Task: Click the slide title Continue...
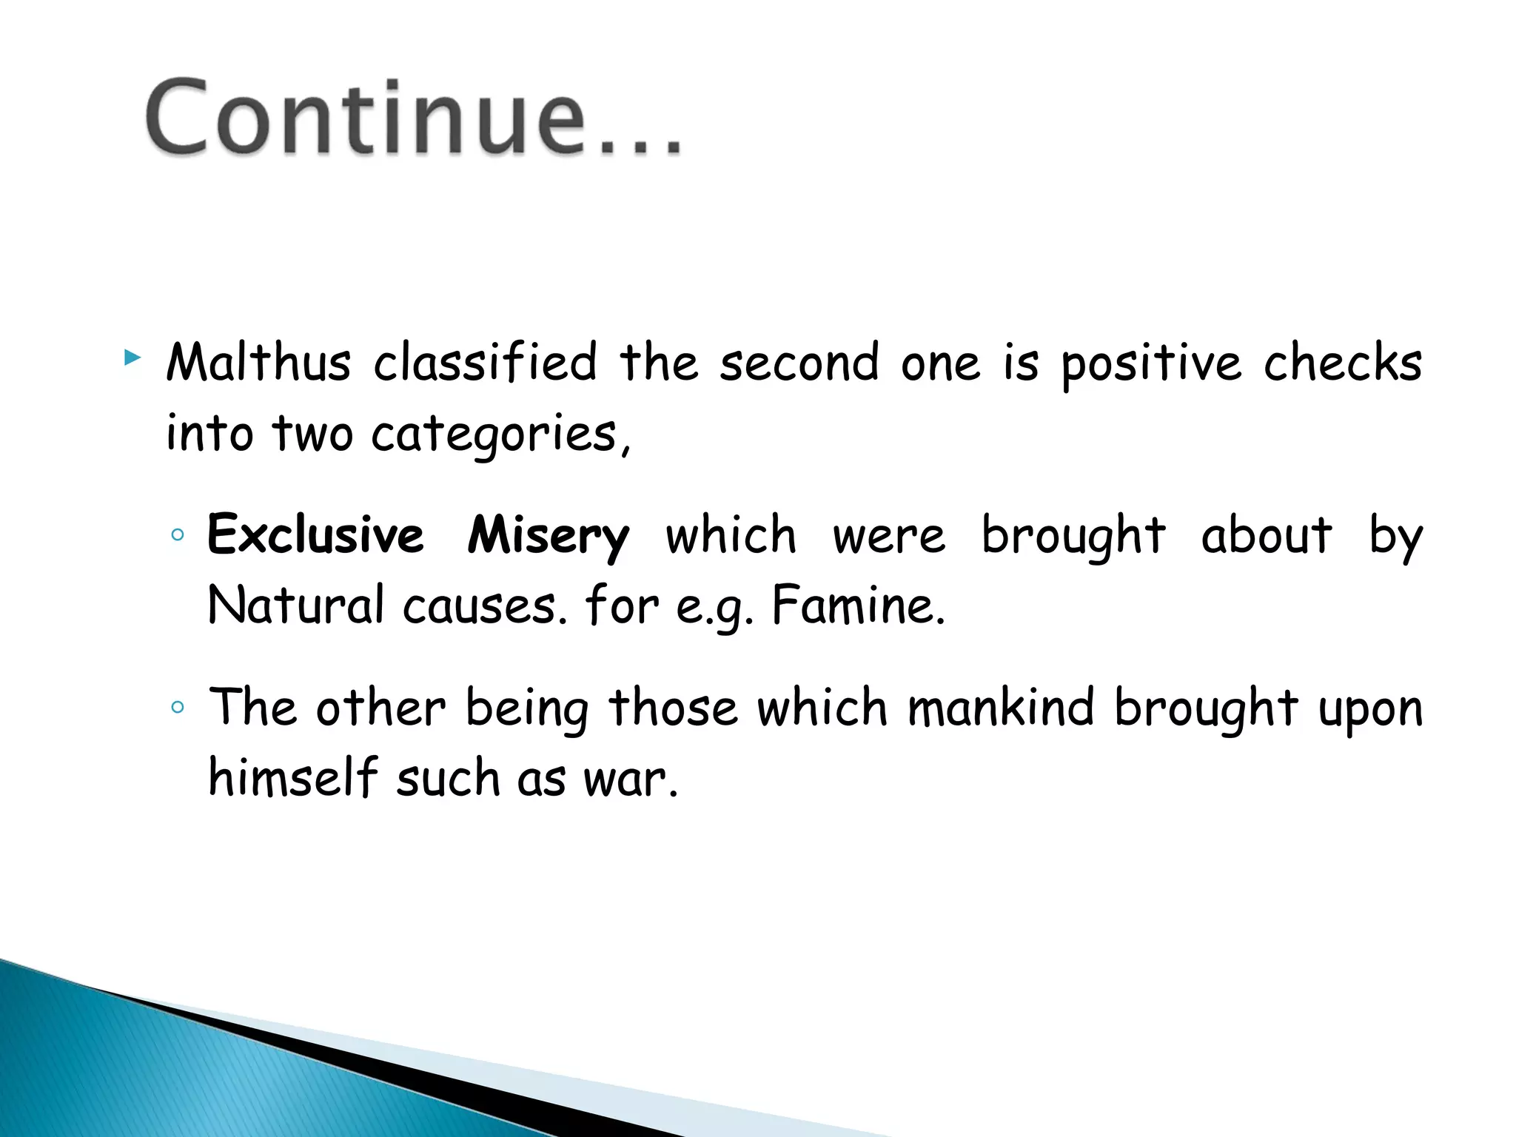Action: coord(412,118)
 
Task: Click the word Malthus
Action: coord(258,363)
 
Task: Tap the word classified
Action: coord(485,363)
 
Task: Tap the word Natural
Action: coord(296,606)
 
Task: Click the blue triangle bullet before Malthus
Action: coord(133,359)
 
